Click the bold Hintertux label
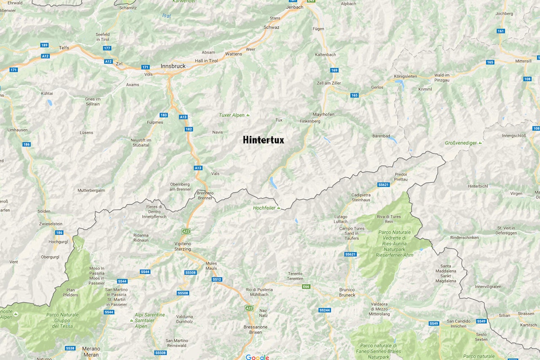(263, 140)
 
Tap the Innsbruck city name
(173, 66)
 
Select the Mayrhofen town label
(324, 114)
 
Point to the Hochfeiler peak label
(264, 208)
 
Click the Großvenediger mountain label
(461, 143)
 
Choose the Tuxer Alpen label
(232, 115)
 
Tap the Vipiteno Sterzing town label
(183, 246)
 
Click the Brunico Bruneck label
(347, 292)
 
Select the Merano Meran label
(91, 352)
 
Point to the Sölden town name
(44, 211)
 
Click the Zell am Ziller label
(329, 83)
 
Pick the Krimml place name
(425, 89)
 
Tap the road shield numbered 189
(44, 45)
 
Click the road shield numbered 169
(335, 70)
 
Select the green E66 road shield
(306, 287)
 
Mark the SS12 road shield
(217, 279)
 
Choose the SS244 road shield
(324, 310)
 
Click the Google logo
(257, 357)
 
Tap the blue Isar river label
(167, 16)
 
